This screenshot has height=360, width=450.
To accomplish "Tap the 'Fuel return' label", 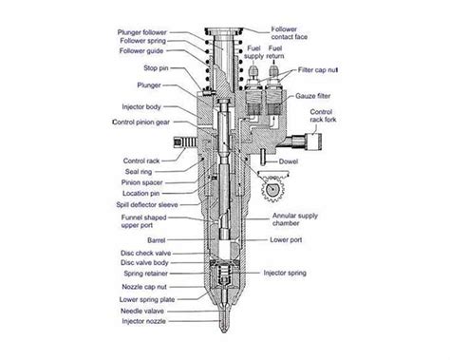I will (x=278, y=52).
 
